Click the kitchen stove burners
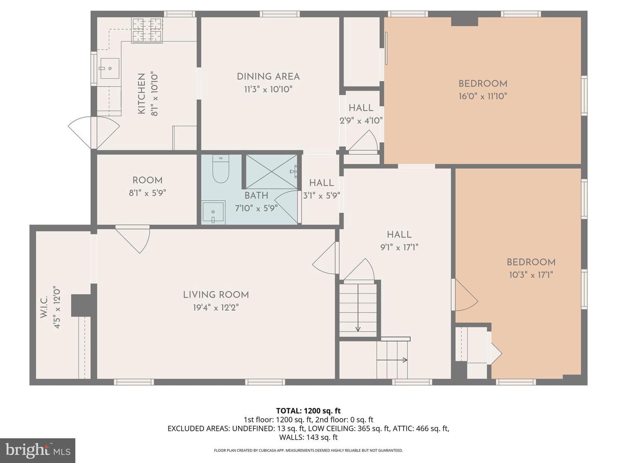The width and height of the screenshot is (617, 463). click(147, 30)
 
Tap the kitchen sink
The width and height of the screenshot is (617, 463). click(110, 68)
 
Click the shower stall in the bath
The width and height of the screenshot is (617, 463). click(272, 171)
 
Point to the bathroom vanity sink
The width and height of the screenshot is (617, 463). click(213, 212)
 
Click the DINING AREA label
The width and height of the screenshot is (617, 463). click(268, 77)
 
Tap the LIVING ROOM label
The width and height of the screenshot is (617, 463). click(216, 295)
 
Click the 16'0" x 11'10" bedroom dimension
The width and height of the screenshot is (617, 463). click(482, 96)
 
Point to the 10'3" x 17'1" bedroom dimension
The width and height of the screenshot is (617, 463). click(531, 275)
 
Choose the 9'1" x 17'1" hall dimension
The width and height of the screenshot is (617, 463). click(399, 247)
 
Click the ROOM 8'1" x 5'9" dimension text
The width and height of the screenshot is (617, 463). click(147, 193)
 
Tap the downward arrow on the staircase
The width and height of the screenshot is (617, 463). click(358, 308)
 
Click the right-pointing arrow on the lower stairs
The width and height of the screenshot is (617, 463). click(392, 360)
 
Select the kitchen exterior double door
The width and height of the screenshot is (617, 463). click(94, 132)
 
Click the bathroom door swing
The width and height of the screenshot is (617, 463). click(286, 207)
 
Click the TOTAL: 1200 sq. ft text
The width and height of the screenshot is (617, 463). click(308, 411)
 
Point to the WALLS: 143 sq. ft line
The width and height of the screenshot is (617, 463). click(308, 437)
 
